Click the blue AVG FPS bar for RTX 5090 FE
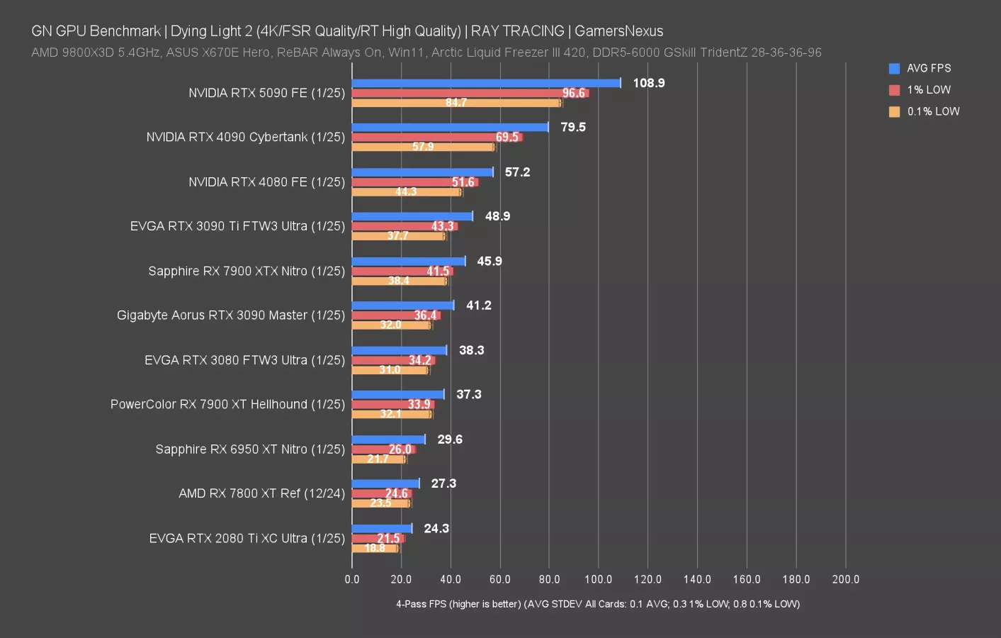(486, 83)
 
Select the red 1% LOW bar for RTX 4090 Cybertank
(437, 137)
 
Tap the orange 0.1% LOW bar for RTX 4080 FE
(407, 192)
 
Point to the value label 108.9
(648, 83)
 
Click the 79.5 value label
(572, 128)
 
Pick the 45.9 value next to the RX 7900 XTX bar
(489, 262)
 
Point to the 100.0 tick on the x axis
(598, 579)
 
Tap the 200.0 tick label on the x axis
(845, 579)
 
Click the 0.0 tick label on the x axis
(352, 579)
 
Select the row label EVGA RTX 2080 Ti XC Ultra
(247, 539)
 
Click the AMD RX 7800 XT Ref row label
(261, 493)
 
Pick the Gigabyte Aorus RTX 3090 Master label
(230, 315)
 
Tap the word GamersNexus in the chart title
(618, 31)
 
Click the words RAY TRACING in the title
(517, 31)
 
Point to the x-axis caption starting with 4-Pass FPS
(597, 604)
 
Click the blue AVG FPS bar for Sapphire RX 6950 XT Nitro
(388, 440)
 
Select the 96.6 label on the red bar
(573, 93)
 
